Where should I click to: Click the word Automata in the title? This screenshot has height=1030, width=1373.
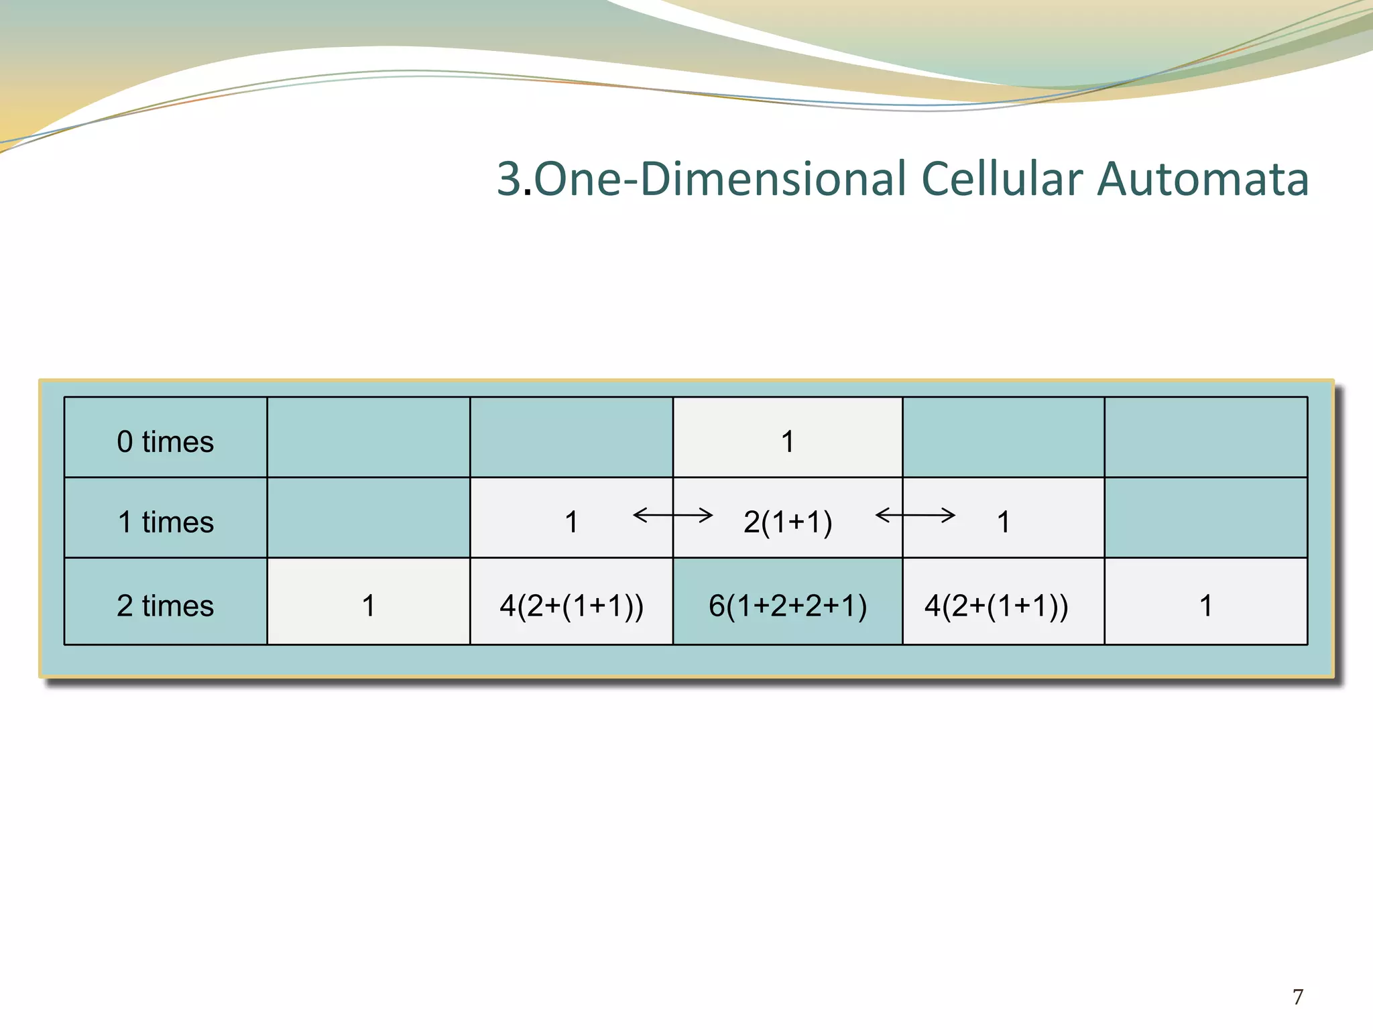[x=1203, y=179]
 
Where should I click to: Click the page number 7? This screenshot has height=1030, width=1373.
[x=1298, y=996]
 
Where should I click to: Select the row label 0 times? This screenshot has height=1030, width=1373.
[x=165, y=442]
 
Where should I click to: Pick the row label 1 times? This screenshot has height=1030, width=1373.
[x=166, y=522]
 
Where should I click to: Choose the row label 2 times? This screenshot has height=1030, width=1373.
[x=165, y=606]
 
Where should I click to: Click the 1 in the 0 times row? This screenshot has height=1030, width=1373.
[x=788, y=442]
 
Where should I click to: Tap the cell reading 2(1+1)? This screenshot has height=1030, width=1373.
[x=788, y=522]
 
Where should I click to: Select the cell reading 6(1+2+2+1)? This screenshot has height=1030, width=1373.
[x=788, y=606]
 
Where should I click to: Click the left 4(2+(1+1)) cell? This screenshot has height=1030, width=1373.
[x=571, y=606]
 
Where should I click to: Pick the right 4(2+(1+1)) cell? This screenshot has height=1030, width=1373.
[x=996, y=606]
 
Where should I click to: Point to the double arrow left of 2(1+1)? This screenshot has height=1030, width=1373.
[x=672, y=515]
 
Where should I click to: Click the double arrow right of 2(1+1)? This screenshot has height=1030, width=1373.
[x=915, y=515]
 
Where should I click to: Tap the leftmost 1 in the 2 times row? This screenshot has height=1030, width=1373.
[x=368, y=606]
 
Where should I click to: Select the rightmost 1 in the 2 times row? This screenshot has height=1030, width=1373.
[x=1205, y=606]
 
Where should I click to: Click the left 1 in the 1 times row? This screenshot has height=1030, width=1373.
[x=571, y=522]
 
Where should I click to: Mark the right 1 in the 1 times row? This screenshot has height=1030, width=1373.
[x=1003, y=522]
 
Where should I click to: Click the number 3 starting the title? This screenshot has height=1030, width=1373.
[x=509, y=179]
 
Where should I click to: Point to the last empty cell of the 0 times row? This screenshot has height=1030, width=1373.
[x=1205, y=437]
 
